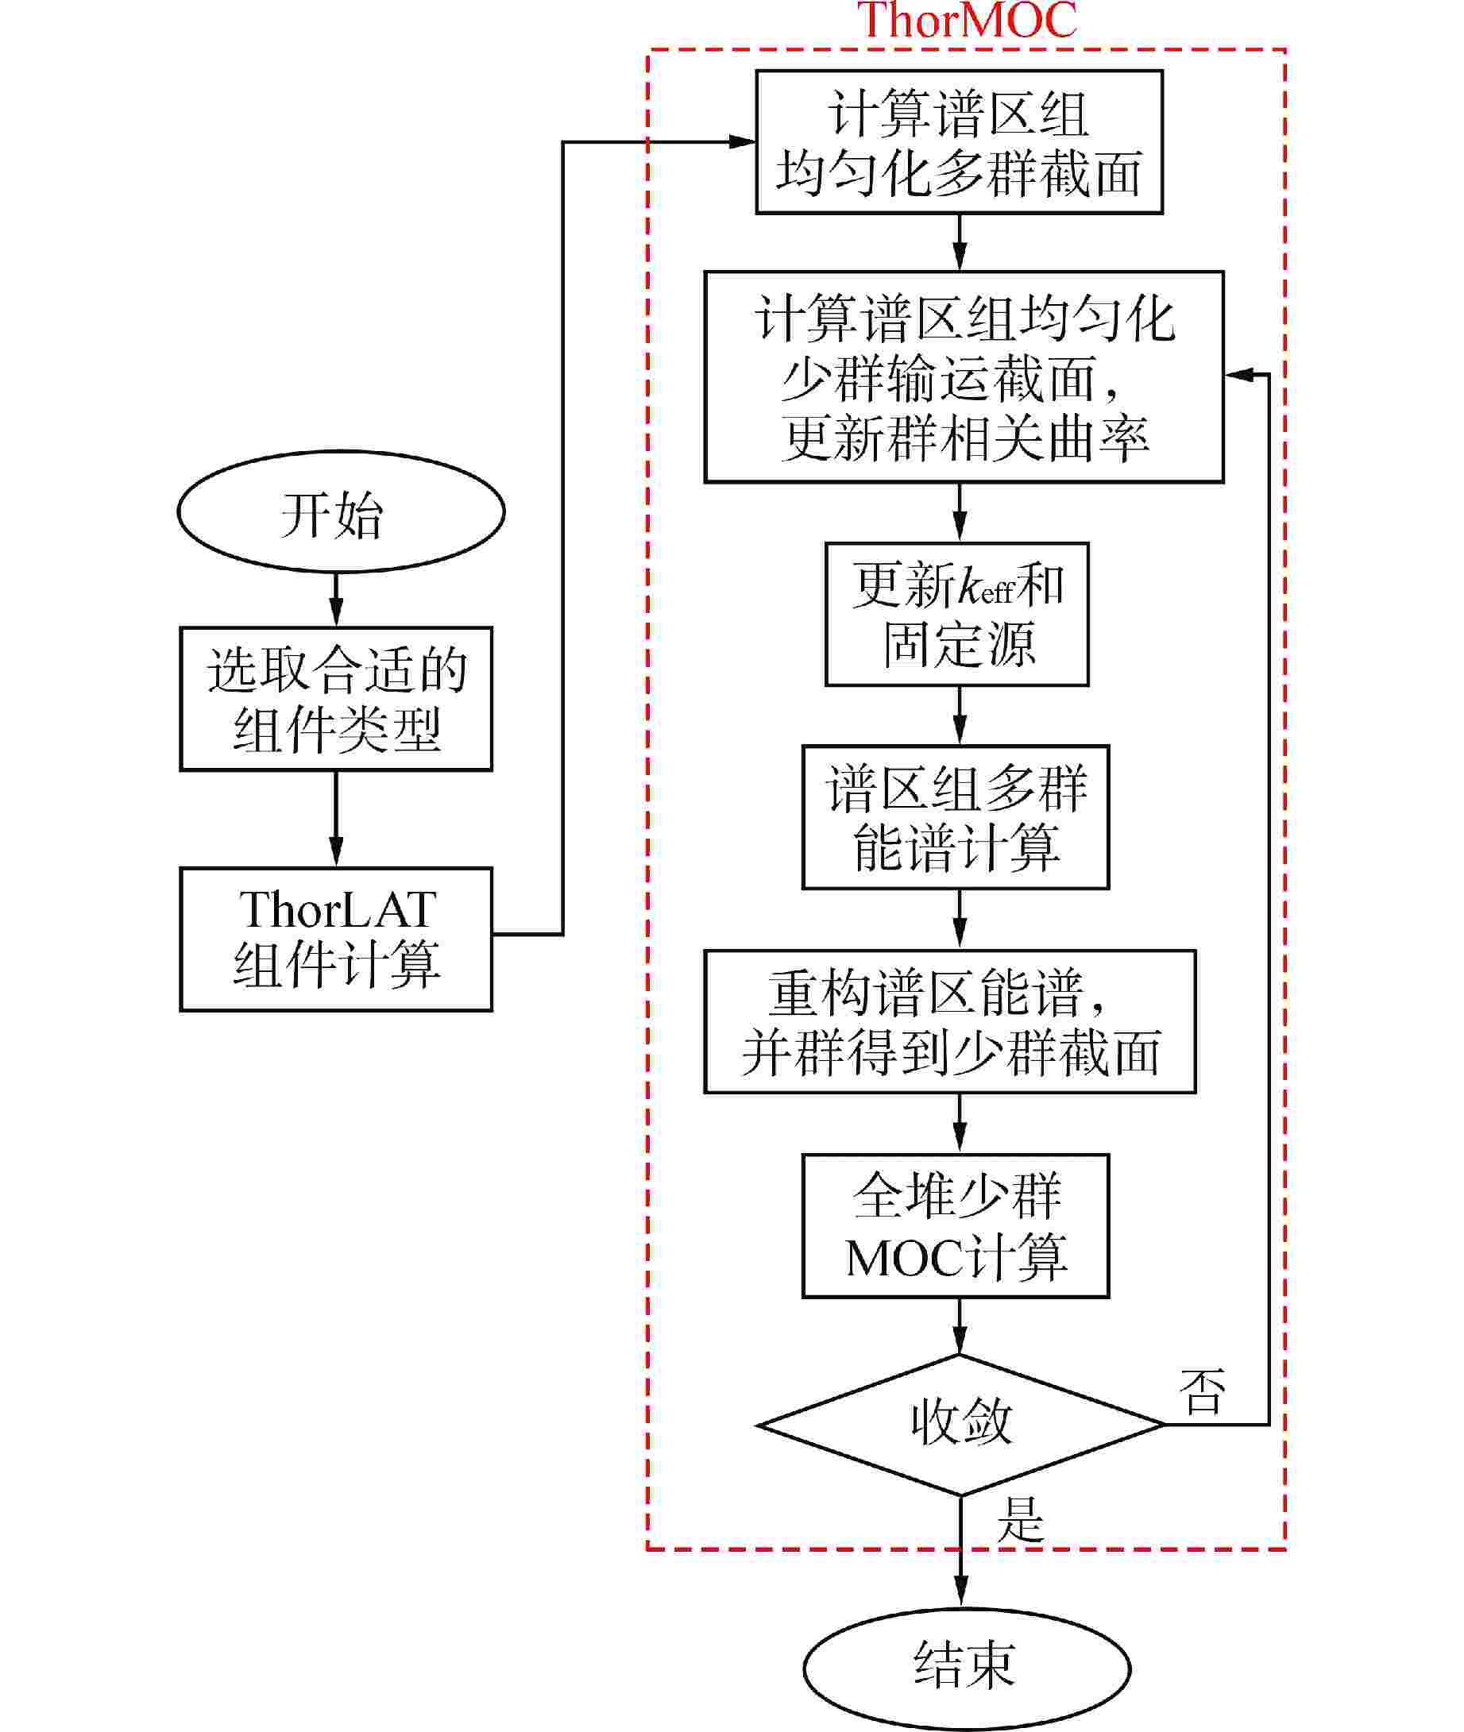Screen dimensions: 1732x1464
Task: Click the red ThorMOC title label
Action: pos(966,20)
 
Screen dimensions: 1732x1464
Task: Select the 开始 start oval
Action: pos(340,511)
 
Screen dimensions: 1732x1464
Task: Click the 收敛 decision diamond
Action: pos(960,1425)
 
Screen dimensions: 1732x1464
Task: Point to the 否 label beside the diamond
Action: pos(1203,1393)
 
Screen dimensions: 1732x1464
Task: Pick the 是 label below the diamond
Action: pos(1020,1520)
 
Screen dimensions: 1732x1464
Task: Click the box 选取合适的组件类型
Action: pos(336,699)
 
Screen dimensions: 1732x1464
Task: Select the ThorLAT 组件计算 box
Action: pos(336,939)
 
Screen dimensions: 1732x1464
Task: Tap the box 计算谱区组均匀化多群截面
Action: pos(959,142)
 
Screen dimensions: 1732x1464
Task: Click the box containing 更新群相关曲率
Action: pos(964,376)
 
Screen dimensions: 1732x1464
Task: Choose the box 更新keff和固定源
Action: pos(956,615)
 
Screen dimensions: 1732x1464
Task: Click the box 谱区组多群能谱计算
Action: pos(956,817)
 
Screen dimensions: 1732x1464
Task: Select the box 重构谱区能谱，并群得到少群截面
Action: pos(949,1022)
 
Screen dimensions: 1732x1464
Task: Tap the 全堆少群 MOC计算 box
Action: pos(956,1226)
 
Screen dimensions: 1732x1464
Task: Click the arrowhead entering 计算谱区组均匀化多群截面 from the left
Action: pos(742,142)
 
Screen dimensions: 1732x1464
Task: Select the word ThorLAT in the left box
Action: pos(337,910)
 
